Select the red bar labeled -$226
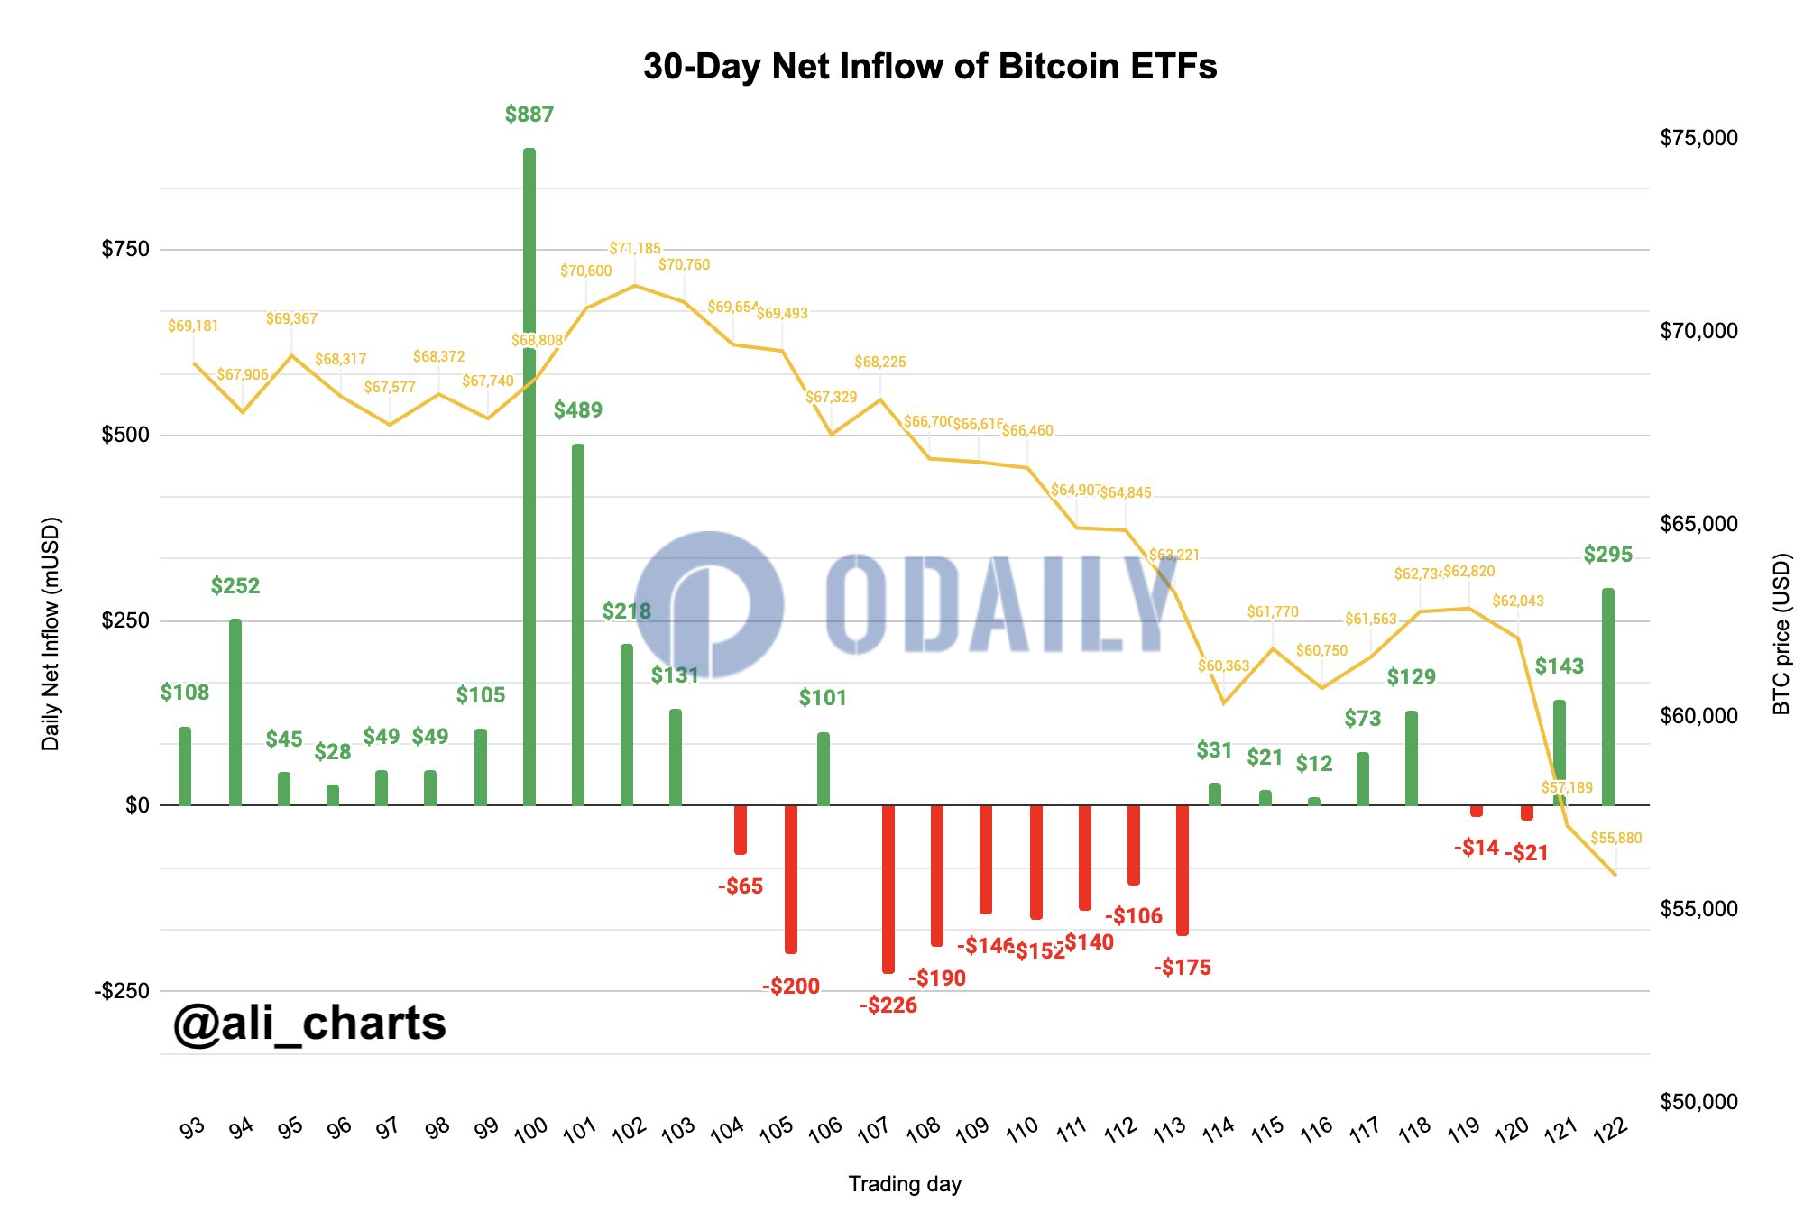888,888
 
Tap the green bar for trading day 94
235,712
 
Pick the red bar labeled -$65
741,829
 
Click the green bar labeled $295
1608,696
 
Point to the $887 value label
529,115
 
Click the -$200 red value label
791,987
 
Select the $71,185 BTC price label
635,248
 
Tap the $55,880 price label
1615,838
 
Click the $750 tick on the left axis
125,249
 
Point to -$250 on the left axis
122,991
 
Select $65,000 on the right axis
1698,524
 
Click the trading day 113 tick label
1170,1129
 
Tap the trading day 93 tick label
192,1128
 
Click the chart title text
930,67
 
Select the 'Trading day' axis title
905,1184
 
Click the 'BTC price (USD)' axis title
1781,634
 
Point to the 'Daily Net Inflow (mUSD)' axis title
51,634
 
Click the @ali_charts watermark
309,1024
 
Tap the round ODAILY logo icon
710,605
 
